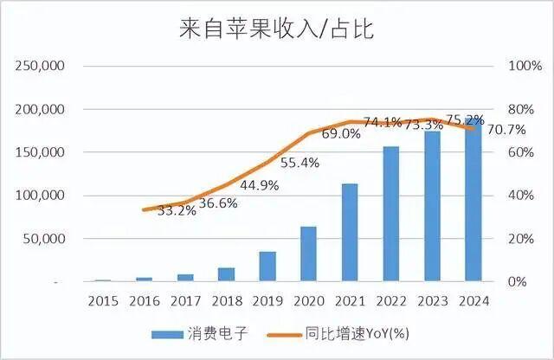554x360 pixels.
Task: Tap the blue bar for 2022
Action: [x=391, y=214]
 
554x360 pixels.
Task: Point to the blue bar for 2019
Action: [x=267, y=266]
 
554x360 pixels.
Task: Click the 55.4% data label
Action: [x=300, y=162]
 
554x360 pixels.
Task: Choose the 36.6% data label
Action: [x=217, y=203]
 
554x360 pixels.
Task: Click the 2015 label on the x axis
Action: [x=103, y=300]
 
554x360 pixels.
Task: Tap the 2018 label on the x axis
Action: [x=227, y=300]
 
